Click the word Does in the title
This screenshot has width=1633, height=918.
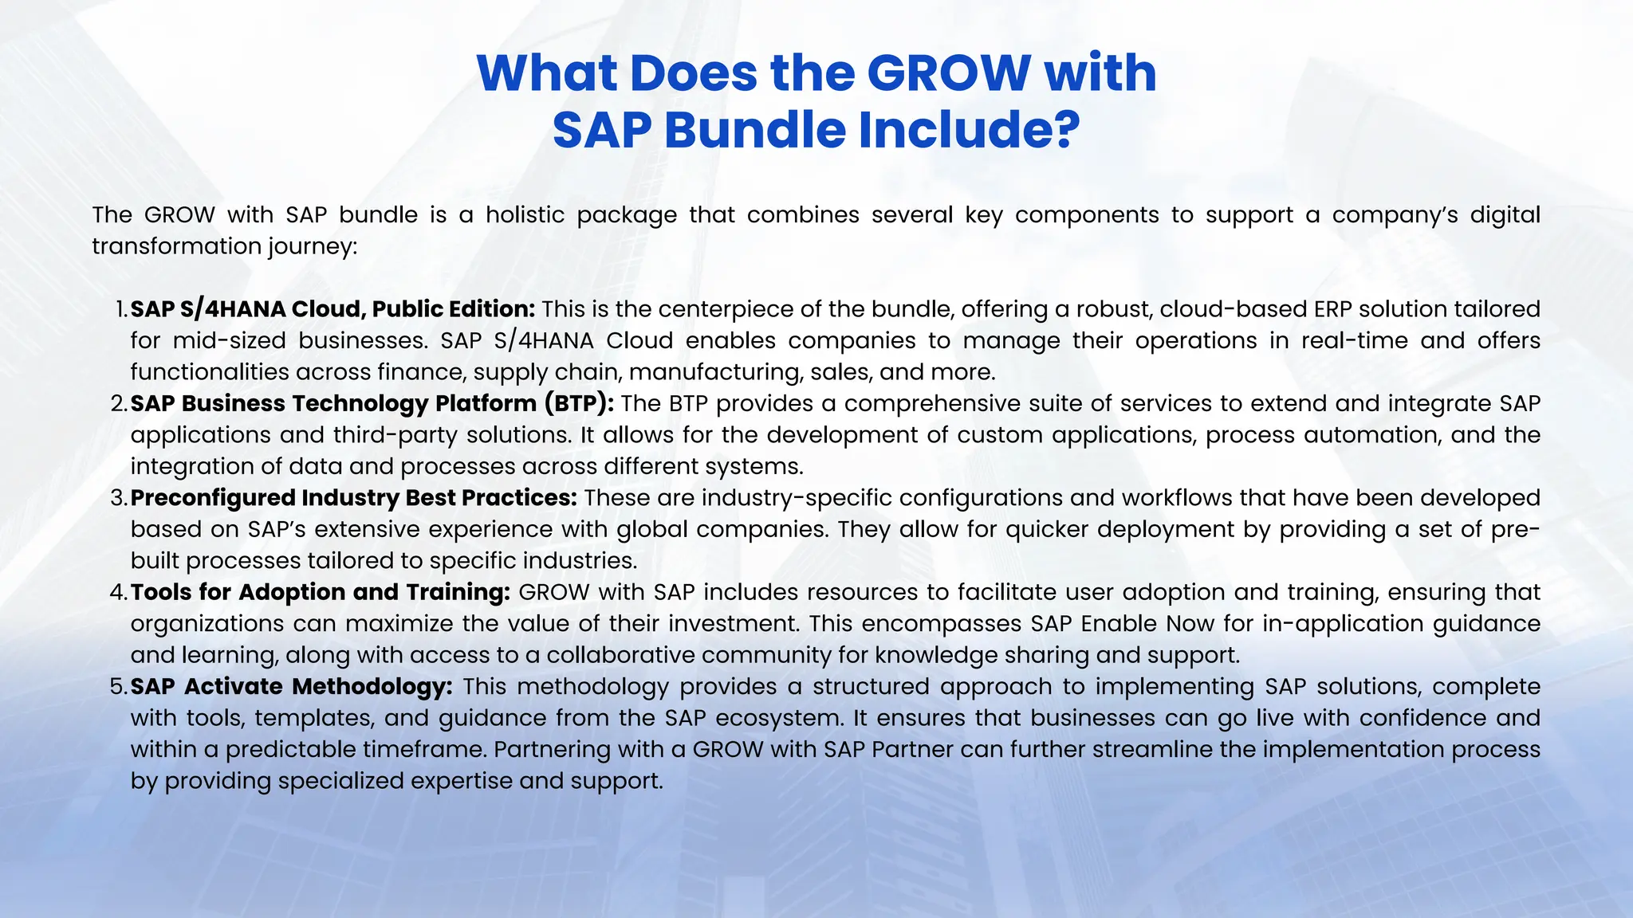693,73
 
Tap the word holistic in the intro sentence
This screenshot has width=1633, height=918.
525,215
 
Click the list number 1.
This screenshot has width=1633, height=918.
120,309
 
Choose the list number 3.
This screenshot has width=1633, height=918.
119,498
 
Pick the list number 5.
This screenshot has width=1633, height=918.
119,687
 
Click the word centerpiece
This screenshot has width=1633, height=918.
734,309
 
